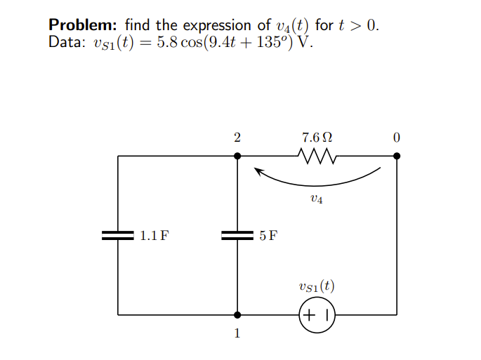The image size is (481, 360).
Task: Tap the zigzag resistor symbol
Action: point(317,156)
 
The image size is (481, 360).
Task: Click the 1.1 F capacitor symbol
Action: point(117,235)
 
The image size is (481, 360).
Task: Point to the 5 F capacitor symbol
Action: point(237,235)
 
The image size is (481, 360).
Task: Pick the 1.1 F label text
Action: point(153,235)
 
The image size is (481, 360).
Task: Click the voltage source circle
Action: point(317,314)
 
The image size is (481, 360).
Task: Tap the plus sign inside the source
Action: point(311,314)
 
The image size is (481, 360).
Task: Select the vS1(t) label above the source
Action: point(317,286)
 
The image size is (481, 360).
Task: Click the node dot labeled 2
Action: point(237,156)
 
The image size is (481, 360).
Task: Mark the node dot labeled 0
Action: point(397,156)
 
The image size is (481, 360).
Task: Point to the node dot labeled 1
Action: point(237,314)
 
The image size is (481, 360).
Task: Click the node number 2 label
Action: point(237,138)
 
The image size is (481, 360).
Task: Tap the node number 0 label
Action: point(397,138)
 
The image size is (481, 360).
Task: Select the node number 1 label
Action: point(237,333)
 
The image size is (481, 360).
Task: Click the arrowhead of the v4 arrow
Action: point(258,170)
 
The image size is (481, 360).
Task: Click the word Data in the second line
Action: point(65,42)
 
